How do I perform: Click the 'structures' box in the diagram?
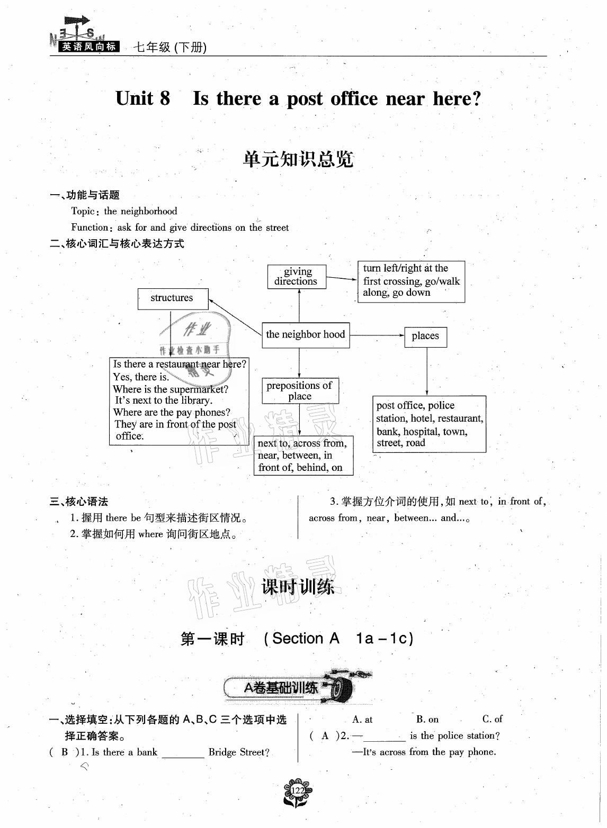click(x=173, y=298)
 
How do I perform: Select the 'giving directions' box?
click(x=297, y=277)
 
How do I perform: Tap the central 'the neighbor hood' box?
click(x=306, y=335)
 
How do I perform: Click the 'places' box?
click(x=425, y=336)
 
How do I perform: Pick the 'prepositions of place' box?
click(x=300, y=391)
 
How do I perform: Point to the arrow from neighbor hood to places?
click(x=377, y=335)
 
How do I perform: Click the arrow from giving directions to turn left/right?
click(x=342, y=278)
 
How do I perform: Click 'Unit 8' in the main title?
click(x=143, y=98)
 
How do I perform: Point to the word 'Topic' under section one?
click(x=83, y=211)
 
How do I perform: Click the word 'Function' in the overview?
click(x=90, y=228)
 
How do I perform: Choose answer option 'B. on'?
click(x=427, y=719)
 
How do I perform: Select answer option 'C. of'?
click(x=492, y=719)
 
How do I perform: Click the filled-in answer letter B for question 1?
click(x=65, y=752)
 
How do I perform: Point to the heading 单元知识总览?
click(x=298, y=159)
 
